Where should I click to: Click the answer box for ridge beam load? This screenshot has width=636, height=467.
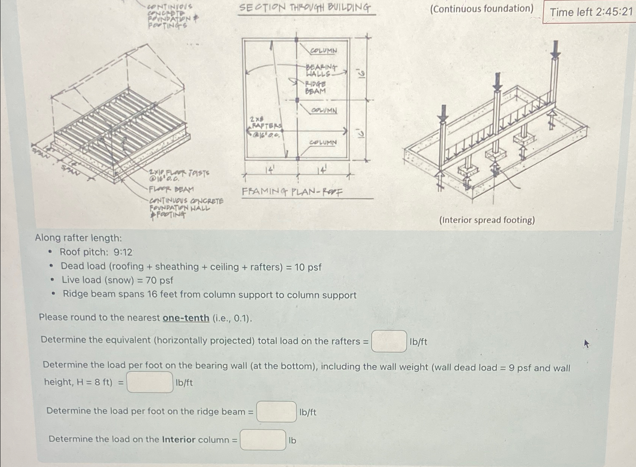coord(276,412)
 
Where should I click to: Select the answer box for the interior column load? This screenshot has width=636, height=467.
coord(263,440)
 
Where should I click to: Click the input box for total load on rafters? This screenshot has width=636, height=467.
coord(389,341)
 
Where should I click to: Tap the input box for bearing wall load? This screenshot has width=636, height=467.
coord(150,382)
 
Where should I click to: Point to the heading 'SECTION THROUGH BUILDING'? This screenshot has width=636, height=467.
coord(305,8)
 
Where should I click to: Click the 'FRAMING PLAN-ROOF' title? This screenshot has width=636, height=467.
coord(292,192)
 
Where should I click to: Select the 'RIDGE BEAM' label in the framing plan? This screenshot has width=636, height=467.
coord(315,88)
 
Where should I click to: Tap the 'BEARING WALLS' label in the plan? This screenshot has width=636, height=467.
coord(320,70)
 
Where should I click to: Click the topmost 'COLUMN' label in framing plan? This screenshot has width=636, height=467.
coord(323,50)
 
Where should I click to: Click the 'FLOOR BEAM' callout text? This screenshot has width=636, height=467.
coord(171,189)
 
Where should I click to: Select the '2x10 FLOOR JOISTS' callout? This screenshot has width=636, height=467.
coord(179,175)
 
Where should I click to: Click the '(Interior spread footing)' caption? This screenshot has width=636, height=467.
coord(487,220)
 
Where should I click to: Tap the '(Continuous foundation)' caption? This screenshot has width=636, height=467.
coord(481,9)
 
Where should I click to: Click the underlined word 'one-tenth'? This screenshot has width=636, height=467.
coord(186,318)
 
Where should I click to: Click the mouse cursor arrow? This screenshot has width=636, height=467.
coord(586,343)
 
